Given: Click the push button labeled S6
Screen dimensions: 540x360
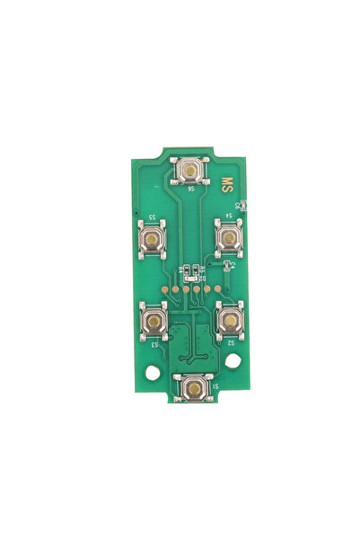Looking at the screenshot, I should click(x=191, y=169).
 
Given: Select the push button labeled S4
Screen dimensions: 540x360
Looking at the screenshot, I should click(x=229, y=237).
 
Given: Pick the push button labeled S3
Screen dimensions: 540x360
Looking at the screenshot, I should click(x=155, y=319).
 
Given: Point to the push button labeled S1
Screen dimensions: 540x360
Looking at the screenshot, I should click(x=194, y=388).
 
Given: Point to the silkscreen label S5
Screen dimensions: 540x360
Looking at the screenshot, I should click(x=154, y=218).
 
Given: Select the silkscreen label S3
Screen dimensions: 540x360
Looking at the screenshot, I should click(x=154, y=343).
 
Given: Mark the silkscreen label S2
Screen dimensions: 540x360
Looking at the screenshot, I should click(x=231, y=342).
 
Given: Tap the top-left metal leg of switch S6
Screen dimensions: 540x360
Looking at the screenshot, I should click(x=178, y=158).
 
